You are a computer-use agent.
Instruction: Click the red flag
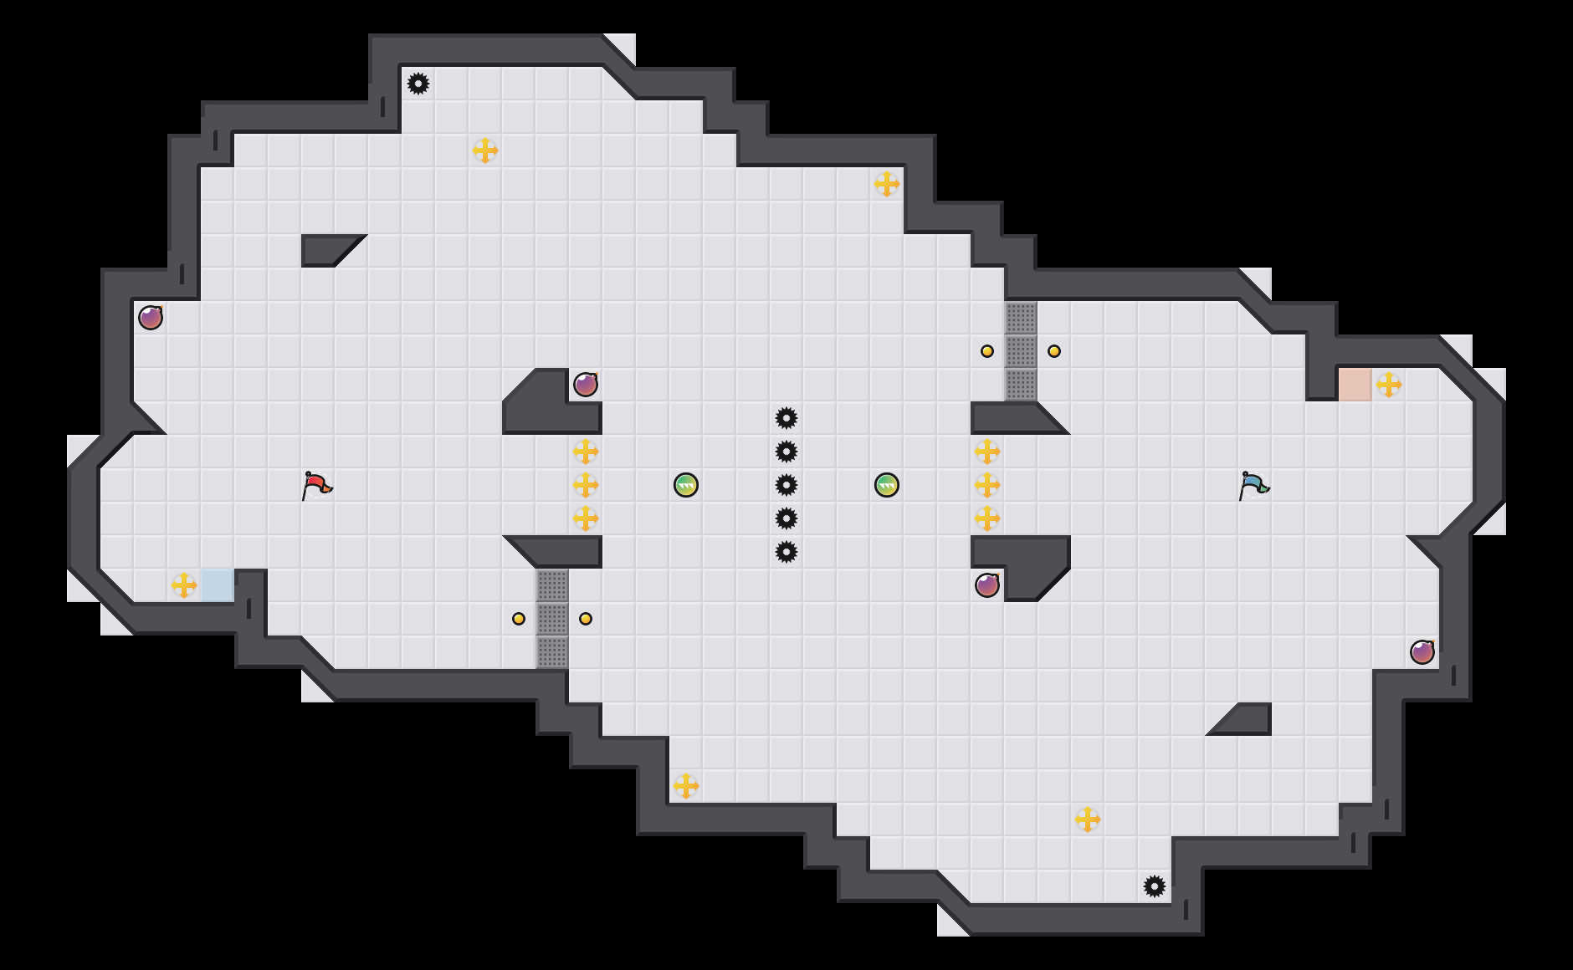pos(316,485)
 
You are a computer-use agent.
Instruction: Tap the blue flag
pos(1253,485)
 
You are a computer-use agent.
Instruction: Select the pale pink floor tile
pos(1355,385)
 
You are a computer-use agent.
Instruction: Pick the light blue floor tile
pos(218,585)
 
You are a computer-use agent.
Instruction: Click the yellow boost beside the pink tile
pos(1389,385)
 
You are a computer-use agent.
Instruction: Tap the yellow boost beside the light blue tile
pos(184,585)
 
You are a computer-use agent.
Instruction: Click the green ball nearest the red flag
pos(686,485)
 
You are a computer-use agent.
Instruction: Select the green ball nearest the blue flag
pos(887,485)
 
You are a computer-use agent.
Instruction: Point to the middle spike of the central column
pos(786,485)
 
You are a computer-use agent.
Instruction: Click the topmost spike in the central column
pos(786,418)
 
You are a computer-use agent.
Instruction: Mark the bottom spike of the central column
pos(786,552)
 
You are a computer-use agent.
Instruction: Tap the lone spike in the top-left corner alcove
pos(418,84)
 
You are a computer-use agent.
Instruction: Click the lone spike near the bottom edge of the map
pos(1155,886)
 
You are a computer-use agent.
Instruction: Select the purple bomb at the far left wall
pos(151,318)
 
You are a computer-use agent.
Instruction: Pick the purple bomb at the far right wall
pos(1422,652)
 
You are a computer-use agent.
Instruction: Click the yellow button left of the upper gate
pos(987,351)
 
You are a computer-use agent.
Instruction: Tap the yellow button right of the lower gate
pos(586,619)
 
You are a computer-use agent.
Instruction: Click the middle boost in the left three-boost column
pos(586,485)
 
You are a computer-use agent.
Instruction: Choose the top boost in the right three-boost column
pos(987,452)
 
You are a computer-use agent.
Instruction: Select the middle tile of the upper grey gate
pos(1021,351)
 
